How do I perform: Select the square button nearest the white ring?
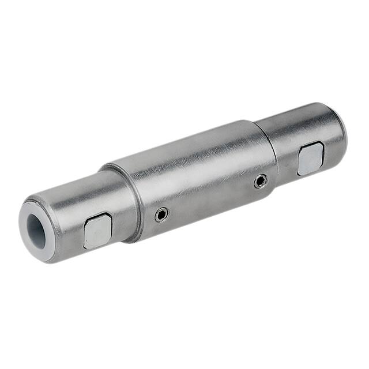tap(97, 230)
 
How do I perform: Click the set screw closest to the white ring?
tap(161, 215)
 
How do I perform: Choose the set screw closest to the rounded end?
tap(261, 181)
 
